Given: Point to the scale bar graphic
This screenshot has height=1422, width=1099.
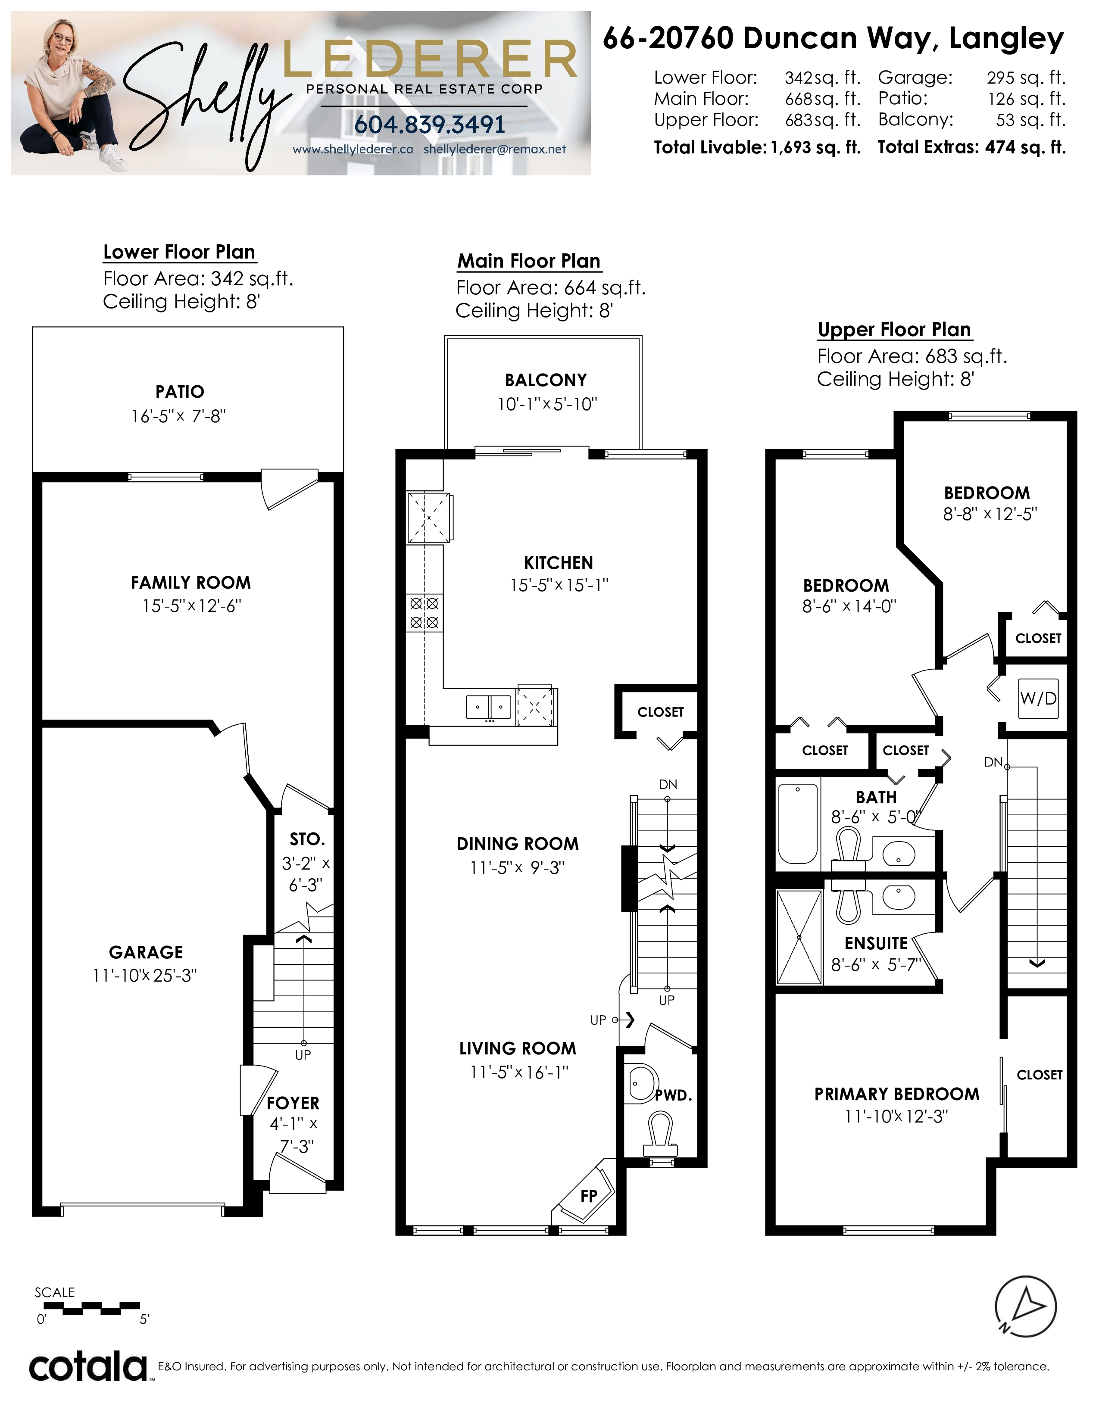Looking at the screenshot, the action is (x=88, y=1309).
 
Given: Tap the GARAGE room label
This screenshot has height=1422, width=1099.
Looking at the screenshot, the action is (x=146, y=952).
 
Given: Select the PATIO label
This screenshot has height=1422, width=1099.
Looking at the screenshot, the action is (x=180, y=391).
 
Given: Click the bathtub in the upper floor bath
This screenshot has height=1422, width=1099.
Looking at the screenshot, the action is (x=798, y=823).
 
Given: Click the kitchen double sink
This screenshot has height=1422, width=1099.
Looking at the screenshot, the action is (x=488, y=706).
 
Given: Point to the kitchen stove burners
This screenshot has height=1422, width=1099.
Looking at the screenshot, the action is (x=424, y=613).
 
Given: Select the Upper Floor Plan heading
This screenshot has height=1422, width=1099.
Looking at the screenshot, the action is (x=895, y=330).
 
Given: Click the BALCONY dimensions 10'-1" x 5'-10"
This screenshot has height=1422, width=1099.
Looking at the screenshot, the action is (x=547, y=404).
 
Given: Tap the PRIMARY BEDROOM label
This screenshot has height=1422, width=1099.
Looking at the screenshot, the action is (x=896, y=1094).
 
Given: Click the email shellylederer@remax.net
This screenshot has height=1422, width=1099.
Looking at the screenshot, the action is (x=495, y=149).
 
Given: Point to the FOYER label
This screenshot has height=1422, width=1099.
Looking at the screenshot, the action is (x=293, y=1103).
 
